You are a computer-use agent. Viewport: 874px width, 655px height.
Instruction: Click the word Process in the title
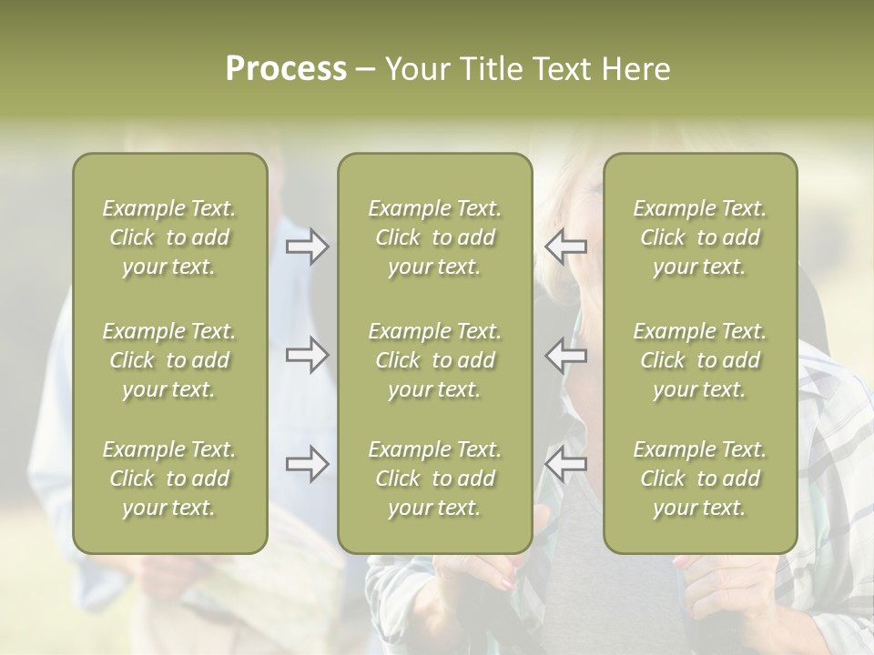pos(286,69)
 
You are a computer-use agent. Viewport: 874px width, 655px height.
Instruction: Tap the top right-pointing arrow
pos(308,247)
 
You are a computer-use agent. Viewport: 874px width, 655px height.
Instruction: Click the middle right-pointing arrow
pos(308,355)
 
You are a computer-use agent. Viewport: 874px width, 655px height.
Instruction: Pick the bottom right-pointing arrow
pos(308,464)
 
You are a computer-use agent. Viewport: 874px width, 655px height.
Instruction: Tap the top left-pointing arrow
pos(565,247)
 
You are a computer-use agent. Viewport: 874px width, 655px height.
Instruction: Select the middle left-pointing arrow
pos(565,355)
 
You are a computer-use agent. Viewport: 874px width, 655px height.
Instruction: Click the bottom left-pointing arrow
pos(565,464)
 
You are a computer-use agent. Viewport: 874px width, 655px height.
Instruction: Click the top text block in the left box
pos(169,237)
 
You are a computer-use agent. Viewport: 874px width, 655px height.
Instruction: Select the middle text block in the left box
pos(169,360)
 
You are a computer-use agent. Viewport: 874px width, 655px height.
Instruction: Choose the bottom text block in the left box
pos(169,479)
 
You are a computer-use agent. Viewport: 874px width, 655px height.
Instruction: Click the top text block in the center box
pos(434,237)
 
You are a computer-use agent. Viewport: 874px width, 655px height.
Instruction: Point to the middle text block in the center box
pos(434,360)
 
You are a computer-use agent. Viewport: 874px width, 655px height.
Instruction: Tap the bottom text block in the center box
pos(434,479)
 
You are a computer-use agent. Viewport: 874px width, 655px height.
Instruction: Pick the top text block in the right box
pos(699,237)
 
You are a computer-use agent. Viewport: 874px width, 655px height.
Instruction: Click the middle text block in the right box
pos(699,360)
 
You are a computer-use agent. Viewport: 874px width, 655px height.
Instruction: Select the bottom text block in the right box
pos(699,479)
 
